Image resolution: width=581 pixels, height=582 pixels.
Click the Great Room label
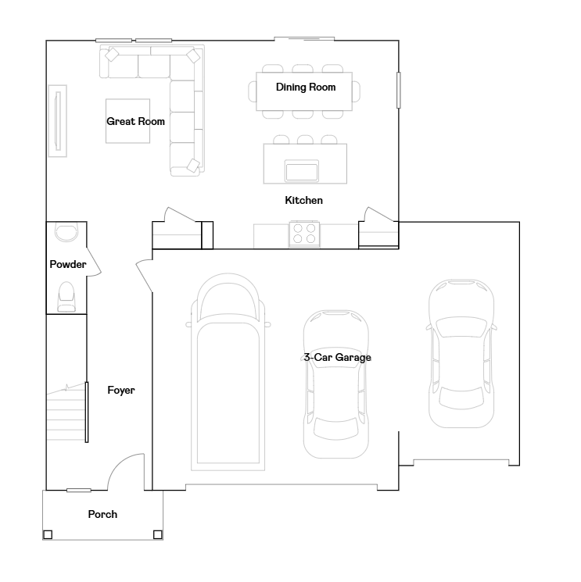[x=135, y=121]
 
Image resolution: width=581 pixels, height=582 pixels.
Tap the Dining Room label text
[x=306, y=87]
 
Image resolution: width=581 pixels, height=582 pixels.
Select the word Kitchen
[x=304, y=201]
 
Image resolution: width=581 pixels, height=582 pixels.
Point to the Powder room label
[x=68, y=264]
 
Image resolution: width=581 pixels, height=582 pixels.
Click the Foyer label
[x=121, y=391]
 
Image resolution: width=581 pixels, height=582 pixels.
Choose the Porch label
[x=102, y=515]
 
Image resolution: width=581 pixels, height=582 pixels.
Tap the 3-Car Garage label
[x=337, y=358]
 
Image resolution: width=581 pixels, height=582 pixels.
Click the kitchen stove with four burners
[x=304, y=234]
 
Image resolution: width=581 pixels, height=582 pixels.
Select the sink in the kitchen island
[x=302, y=171]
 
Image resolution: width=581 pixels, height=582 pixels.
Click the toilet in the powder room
[x=66, y=297]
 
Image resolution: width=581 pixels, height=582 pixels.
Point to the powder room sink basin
[x=66, y=232]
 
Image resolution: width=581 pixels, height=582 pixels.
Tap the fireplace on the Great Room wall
[x=58, y=121]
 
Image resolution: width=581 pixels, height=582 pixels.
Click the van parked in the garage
[x=228, y=372]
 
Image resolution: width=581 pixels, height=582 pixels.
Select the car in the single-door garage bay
[x=461, y=353]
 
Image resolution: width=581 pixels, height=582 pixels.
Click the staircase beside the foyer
[x=67, y=412]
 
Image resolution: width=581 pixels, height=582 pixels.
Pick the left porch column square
[x=48, y=534]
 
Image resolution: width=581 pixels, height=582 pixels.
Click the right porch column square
[x=158, y=534]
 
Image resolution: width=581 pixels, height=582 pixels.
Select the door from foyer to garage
[x=144, y=276]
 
